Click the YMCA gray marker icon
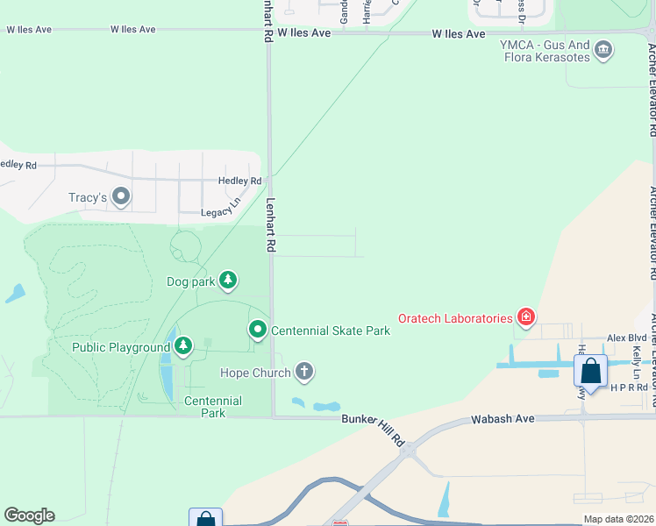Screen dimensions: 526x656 click(x=603, y=49)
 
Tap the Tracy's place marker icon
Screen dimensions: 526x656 click(x=121, y=197)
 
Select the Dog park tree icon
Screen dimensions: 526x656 click(x=228, y=281)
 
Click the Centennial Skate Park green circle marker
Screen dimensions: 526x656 click(x=258, y=331)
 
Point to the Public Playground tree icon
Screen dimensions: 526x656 click(x=182, y=346)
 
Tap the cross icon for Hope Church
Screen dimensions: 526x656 click(x=304, y=373)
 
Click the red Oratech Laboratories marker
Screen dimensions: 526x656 click(x=525, y=317)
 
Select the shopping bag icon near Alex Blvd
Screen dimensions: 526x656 click(x=591, y=371)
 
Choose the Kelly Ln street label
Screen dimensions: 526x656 click(x=638, y=359)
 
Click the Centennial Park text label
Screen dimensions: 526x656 click(x=213, y=407)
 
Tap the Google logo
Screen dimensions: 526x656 click(x=29, y=515)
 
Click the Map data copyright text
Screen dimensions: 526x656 click(x=618, y=519)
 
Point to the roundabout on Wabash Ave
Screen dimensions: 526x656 click(x=407, y=450)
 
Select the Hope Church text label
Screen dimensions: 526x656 click(x=255, y=373)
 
